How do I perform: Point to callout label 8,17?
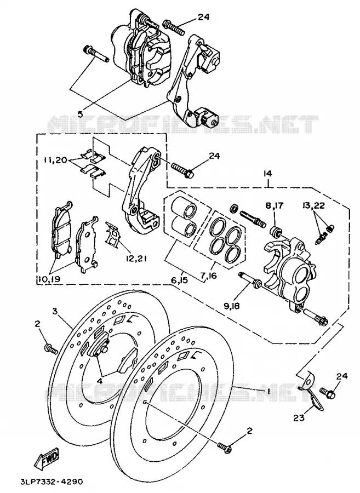tap(275, 206)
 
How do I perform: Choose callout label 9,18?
tap(231, 305)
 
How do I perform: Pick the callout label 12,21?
tap(137, 259)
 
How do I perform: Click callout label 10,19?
tap(50, 279)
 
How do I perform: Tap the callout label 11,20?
tap(56, 160)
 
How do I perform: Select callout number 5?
tap(81, 114)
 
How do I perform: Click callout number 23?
tap(299, 418)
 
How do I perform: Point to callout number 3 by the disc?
tap(55, 312)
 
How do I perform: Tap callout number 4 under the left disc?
tap(100, 381)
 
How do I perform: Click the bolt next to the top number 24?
tap(174, 28)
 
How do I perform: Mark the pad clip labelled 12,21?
tap(113, 234)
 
